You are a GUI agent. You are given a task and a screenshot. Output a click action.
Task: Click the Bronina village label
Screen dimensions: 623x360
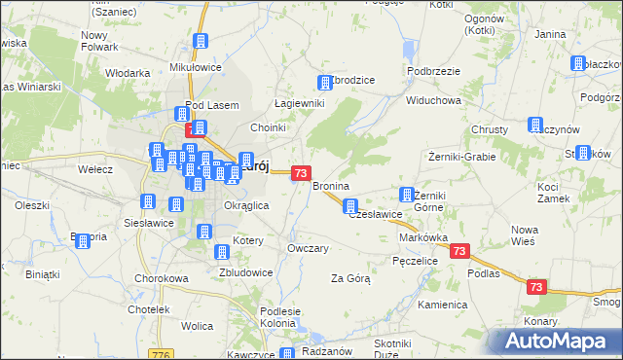coord(330,185)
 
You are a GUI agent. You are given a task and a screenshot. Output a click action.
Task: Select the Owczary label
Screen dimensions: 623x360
coord(308,248)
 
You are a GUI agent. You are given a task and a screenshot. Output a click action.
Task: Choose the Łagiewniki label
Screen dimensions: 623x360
coord(298,103)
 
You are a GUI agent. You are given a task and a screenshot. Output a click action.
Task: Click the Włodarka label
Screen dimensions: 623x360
coord(128,72)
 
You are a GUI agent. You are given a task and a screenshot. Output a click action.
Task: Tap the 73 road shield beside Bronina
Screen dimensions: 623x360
coord(301,173)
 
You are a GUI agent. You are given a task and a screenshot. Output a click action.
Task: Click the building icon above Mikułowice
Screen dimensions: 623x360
coord(201,42)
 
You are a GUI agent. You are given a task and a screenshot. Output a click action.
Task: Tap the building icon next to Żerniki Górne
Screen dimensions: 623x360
coord(408,195)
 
